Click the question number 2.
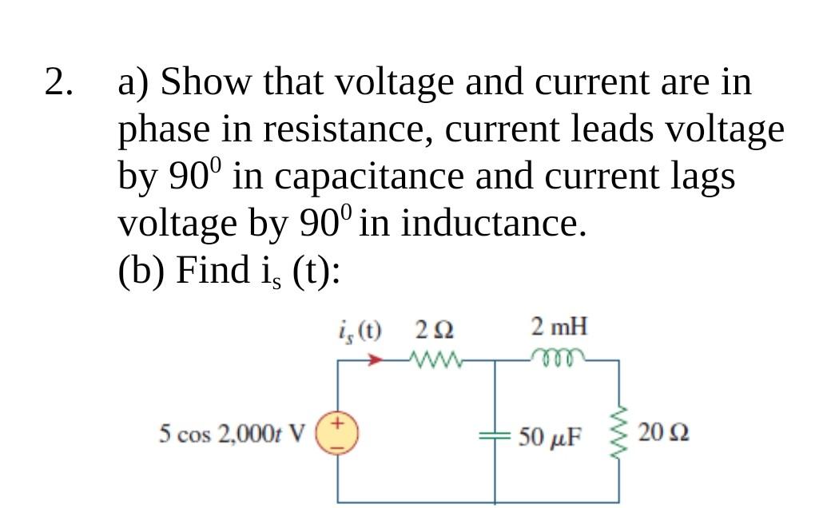pos(61,82)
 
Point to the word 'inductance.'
pos(494,224)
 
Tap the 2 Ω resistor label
pos(435,328)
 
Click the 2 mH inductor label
pos(559,327)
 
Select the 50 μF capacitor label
pos(552,437)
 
